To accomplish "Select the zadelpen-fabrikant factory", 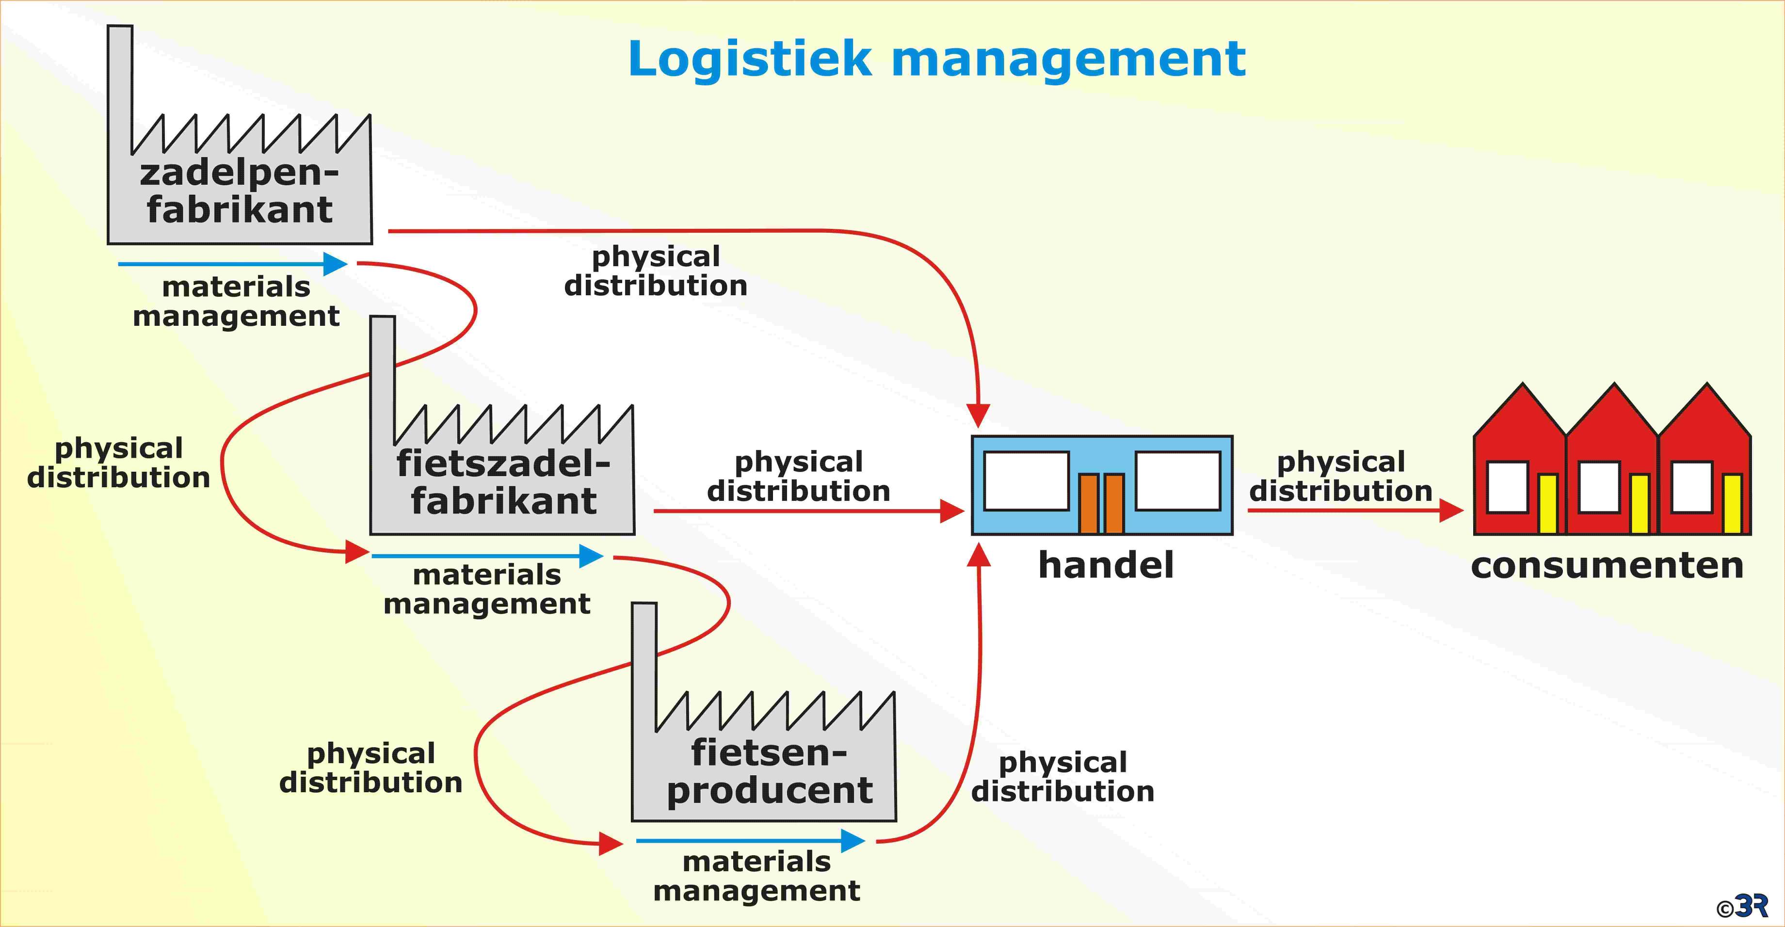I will pyautogui.click(x=239, y=194).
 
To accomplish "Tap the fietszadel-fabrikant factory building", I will pyautogui.click(x=502, y=485).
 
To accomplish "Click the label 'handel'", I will pyautogui.click(x=1106, y=565).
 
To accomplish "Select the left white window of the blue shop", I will pyautogui.click(x=1026, y=481).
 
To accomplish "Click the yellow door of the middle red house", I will pyautogui.click(x=1640, y=503).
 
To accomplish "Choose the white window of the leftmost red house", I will pyautogui.click(x=1508, y=487).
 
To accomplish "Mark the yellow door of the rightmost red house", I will pyautogui.click(x=1732, y=503).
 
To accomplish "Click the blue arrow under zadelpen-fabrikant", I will pyautogui.click(x=232, y=264).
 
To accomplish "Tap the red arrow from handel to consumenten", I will pyautogui.click(x=1355, y=511).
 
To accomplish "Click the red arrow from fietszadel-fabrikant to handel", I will pyautogui.click(x=808, y=511).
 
